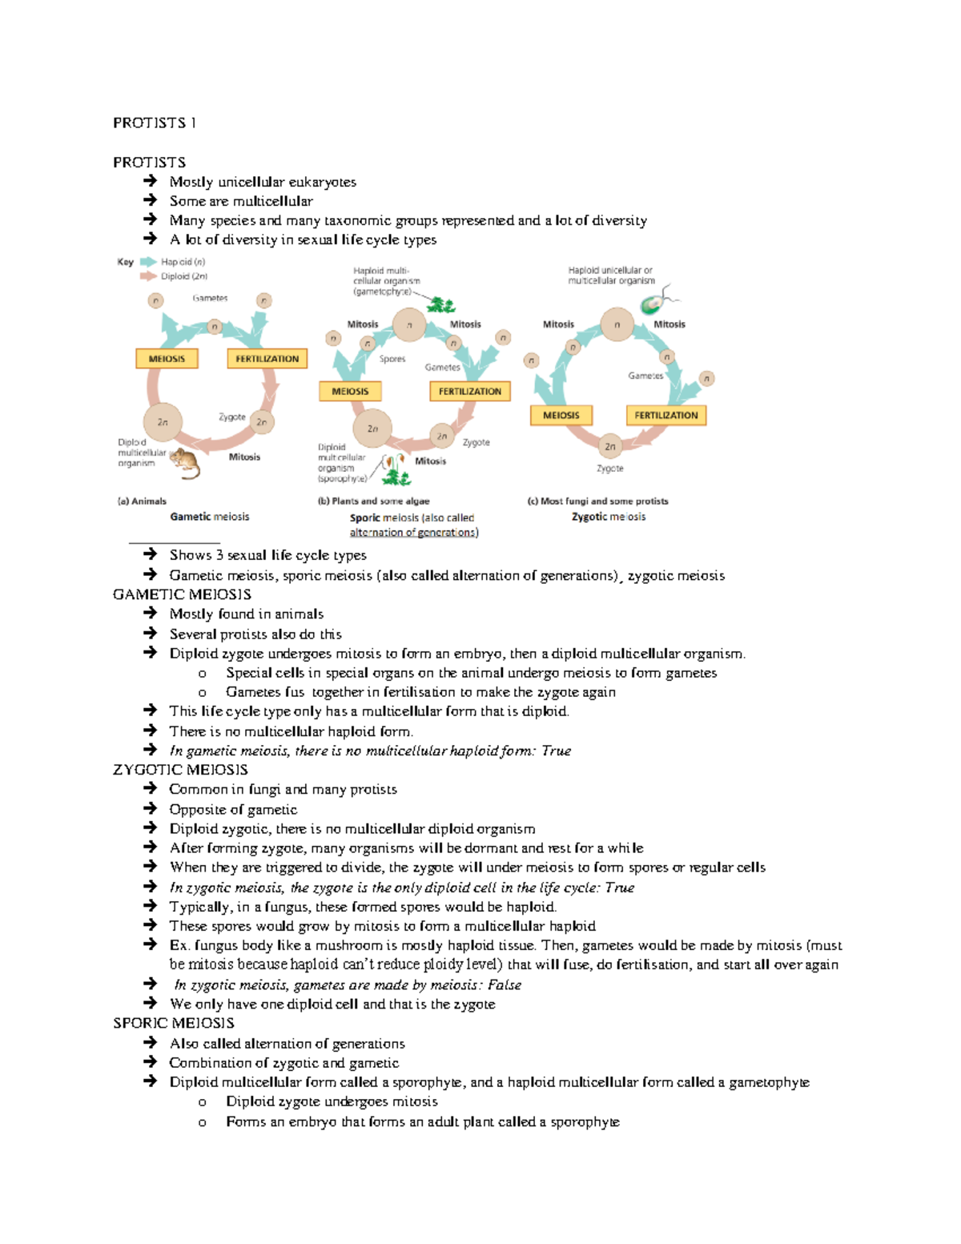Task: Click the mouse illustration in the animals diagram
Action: [x=186, y=463]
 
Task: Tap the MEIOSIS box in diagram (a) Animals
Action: [x=167, y=359]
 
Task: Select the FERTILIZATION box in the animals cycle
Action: [x=267, y=359]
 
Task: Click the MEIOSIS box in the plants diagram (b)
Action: [x=350, y=392]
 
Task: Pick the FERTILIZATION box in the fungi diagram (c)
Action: [x=665, y=415]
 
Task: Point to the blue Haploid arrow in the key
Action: [x=148, y=262]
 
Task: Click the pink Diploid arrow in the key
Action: [x=148, y=276]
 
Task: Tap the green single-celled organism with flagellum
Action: [x=653, y=304]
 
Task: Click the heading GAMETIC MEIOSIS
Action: [x=182, y=594]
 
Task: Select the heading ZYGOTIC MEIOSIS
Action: [x=180, y=770]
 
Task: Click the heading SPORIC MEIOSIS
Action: [x=174, y=1023]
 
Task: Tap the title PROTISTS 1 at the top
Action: [x=155, y=123]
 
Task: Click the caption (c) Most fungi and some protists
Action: [x=597, y=501]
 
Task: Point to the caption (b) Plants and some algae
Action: [x=373, y=501]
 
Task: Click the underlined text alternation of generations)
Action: [x=414, y=533]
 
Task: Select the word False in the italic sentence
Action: [x=505, y=984]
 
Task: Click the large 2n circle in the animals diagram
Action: [x=163, y=422]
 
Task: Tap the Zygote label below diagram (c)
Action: [x=609, y=469]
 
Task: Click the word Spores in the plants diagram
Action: [x=392, y=359]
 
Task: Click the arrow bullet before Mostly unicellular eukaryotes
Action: [x=150, y=182]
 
